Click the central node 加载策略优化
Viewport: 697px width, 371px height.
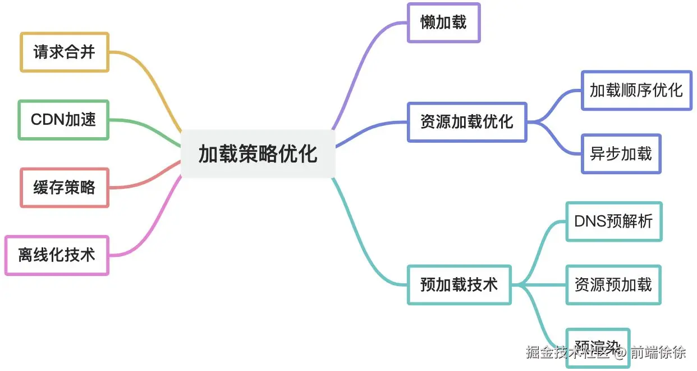[x=258, y=153]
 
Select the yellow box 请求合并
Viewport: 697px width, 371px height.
[x=65, y=52]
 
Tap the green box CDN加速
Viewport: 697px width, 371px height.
[x=63, y=120]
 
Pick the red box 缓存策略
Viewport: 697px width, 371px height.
[x=65, y=187]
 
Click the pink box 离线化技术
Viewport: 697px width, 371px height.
[x=57, y=255]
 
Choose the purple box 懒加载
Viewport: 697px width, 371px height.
[x=443, y=22]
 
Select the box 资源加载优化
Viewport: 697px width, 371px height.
[x=467, y=121]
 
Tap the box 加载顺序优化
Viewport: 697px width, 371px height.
[x=636, y=90]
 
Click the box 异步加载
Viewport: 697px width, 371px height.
[x=621, y=153]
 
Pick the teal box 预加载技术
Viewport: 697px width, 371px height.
[x=459, y=284]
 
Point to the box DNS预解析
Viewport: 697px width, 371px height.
[x=614, y=221]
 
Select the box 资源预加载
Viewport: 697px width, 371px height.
[x=613, y=284]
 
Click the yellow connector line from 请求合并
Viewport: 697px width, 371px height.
[x=152, y=79]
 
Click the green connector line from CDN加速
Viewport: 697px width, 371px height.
[x=146, y=124]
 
